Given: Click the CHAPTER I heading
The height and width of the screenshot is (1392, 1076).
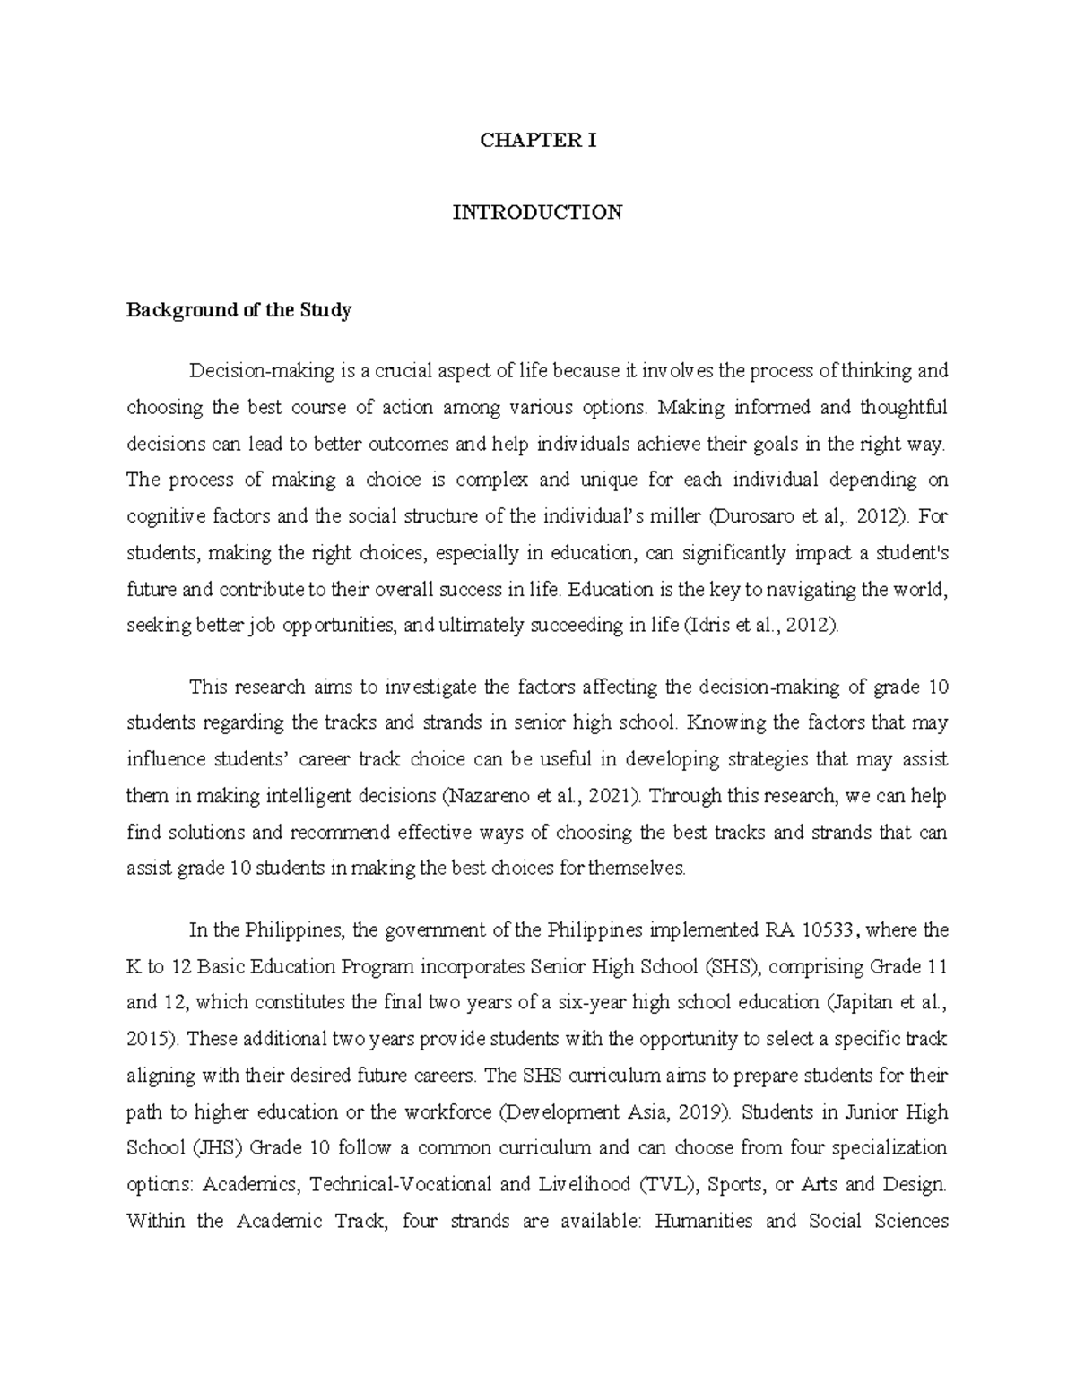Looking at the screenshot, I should tap(537, 141).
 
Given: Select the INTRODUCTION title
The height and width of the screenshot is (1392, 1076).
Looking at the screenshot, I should tap(537, 212).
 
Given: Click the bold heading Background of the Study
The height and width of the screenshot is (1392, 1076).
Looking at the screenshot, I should tap(239, 311).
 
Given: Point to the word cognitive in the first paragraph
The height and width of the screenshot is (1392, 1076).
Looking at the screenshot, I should tap(162, 517).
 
